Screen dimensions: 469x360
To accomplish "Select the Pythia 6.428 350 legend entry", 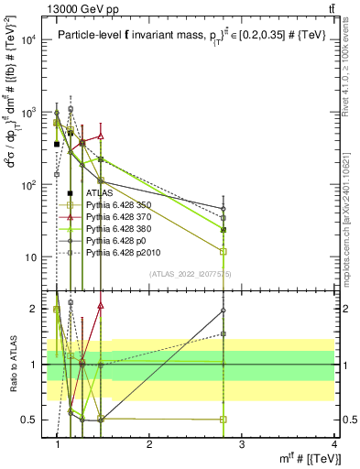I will click(x=115, y=205).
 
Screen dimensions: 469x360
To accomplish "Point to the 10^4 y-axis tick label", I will click(x=29, y=40).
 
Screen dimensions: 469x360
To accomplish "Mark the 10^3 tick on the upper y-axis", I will click(x=29, y=113).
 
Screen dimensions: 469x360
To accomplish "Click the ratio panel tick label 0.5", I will click(x=32, y=420).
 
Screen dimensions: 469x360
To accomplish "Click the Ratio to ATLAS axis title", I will click(x=11, y=363).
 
